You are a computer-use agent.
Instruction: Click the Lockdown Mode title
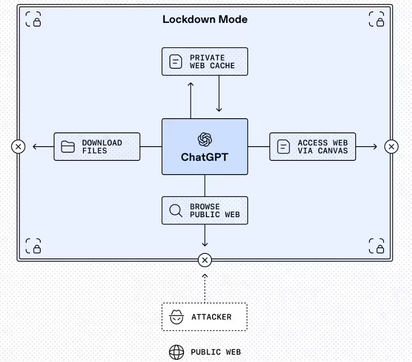[205, 19]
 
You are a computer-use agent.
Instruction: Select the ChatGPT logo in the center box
[205, 139]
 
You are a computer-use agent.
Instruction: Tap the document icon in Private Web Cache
[176, 61]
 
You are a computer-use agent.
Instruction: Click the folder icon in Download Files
[68, 147]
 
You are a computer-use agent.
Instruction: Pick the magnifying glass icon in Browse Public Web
[176, 210]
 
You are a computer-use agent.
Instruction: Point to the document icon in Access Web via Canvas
[284, 147]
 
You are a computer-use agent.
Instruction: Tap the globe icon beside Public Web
[176, 352]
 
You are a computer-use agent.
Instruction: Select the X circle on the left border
[18, 147]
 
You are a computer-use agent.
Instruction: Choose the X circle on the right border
[391, 147]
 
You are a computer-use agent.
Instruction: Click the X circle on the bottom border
[205, 260]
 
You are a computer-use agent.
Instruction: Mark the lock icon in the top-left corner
[33, 19]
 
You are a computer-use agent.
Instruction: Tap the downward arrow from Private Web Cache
[219, 94]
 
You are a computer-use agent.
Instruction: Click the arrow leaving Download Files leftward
[42, 147]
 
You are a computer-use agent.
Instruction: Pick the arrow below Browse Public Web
[205, 236]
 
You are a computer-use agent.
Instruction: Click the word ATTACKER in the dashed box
[211, 317]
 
